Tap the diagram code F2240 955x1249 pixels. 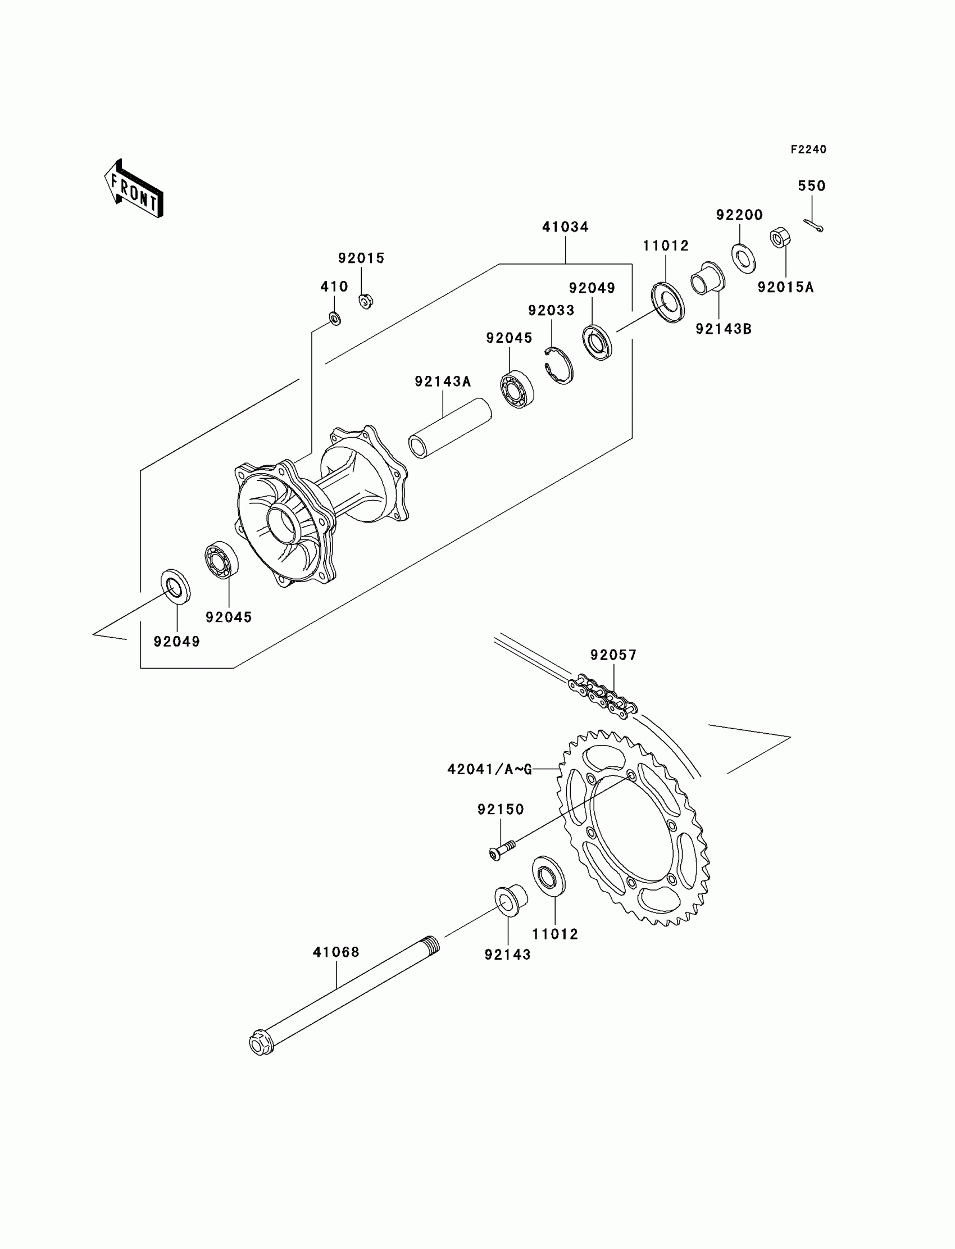[x=808, y=149]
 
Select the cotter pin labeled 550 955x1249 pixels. [x=813, y=226]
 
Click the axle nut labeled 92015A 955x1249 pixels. [x=778, y=238]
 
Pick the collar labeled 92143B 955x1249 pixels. [x=708, y=279]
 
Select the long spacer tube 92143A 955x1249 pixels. [x=450, y=428]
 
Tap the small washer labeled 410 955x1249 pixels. [x=335, y=318]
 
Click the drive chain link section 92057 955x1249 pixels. [x=603, y=696]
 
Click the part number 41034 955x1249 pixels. [x=565, y=228]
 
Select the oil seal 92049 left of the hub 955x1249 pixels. [x=176, y=584]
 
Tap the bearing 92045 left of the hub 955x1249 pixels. [x=221, y=559]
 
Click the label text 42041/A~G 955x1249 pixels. [x=489, y=769]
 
